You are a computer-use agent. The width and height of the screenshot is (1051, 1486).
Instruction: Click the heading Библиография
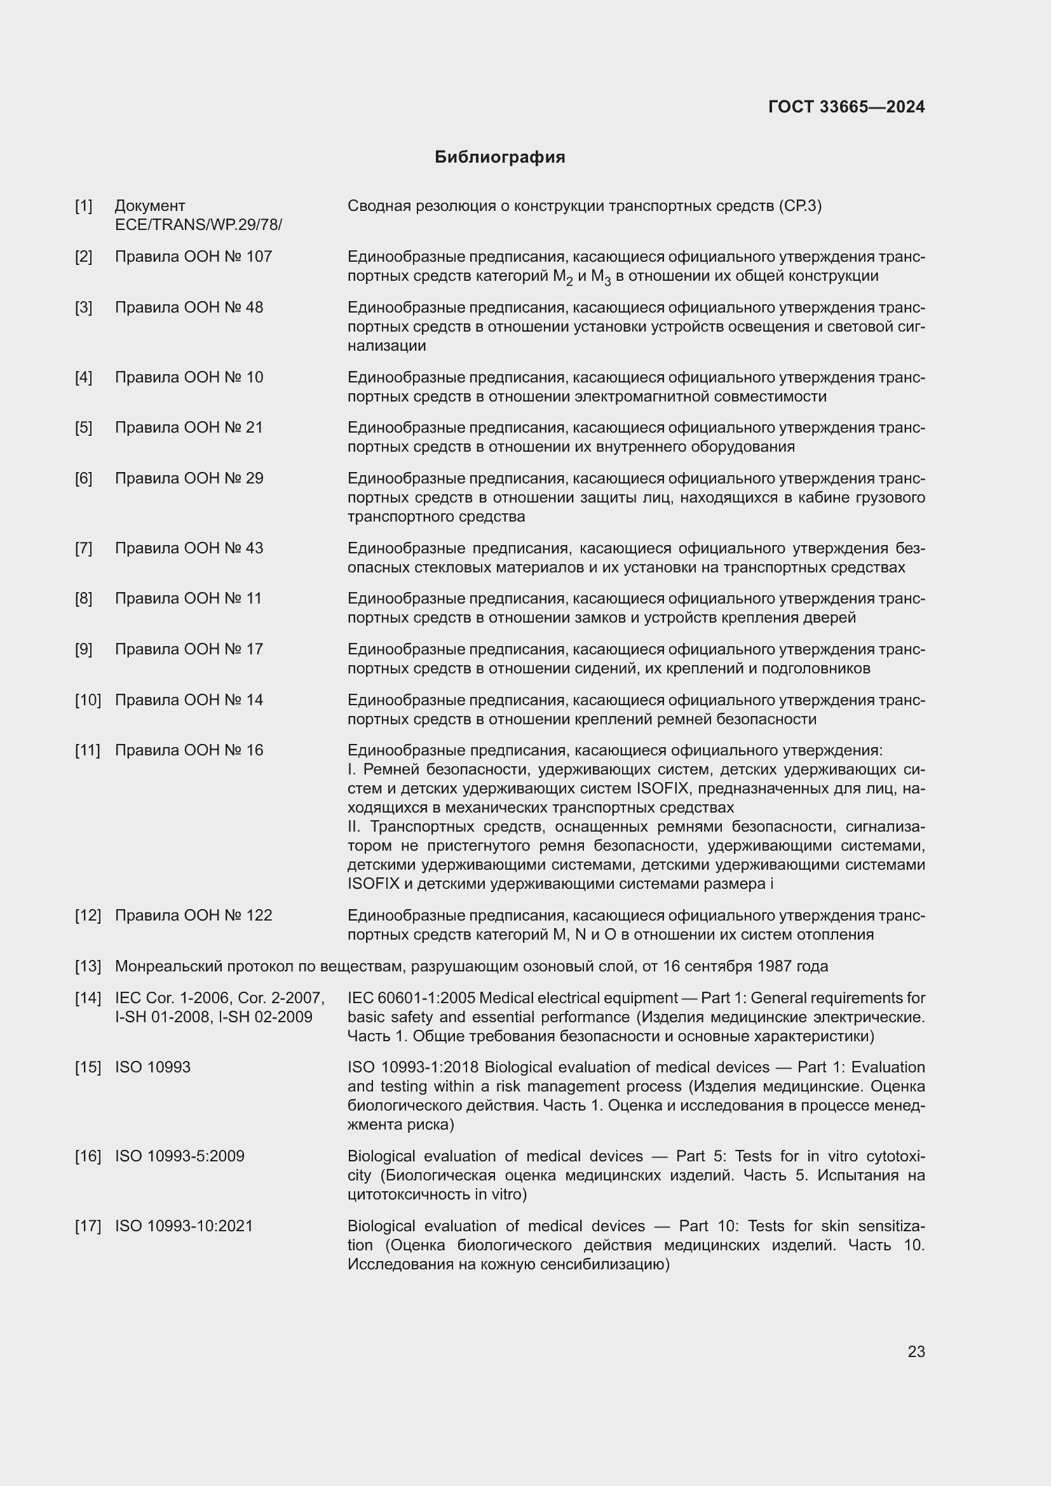pyautogui.click(x=499, y=158)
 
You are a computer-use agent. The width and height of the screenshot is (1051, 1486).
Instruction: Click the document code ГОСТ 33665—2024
pyautogui.click(x=846, y=107)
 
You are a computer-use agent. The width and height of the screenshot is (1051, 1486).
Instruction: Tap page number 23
pyautogui.click(x=916, y=1351)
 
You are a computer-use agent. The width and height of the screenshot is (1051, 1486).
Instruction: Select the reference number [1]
pyautogui.click(x=83, y=206)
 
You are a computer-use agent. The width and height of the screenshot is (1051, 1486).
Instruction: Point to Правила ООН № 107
pyautogui.click(x=193, y=256)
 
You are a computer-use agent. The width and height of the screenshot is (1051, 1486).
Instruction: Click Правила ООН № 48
pyautogui.click(x=189, y=307)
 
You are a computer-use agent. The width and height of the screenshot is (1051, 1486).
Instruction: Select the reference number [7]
pyautogui.click(x=83, y=548)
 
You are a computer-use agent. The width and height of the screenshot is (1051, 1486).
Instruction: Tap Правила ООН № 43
pyautogui.click(x=189, y=548)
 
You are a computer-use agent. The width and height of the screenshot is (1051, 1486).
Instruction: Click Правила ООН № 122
pyautogui.click(x=193, y=915)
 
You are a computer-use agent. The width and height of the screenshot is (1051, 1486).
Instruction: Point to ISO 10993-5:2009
pyautogui.click(x=179, y=1156)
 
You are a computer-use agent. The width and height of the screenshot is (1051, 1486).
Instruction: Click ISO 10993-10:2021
pyautogui.click(x=184, y=1226)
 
